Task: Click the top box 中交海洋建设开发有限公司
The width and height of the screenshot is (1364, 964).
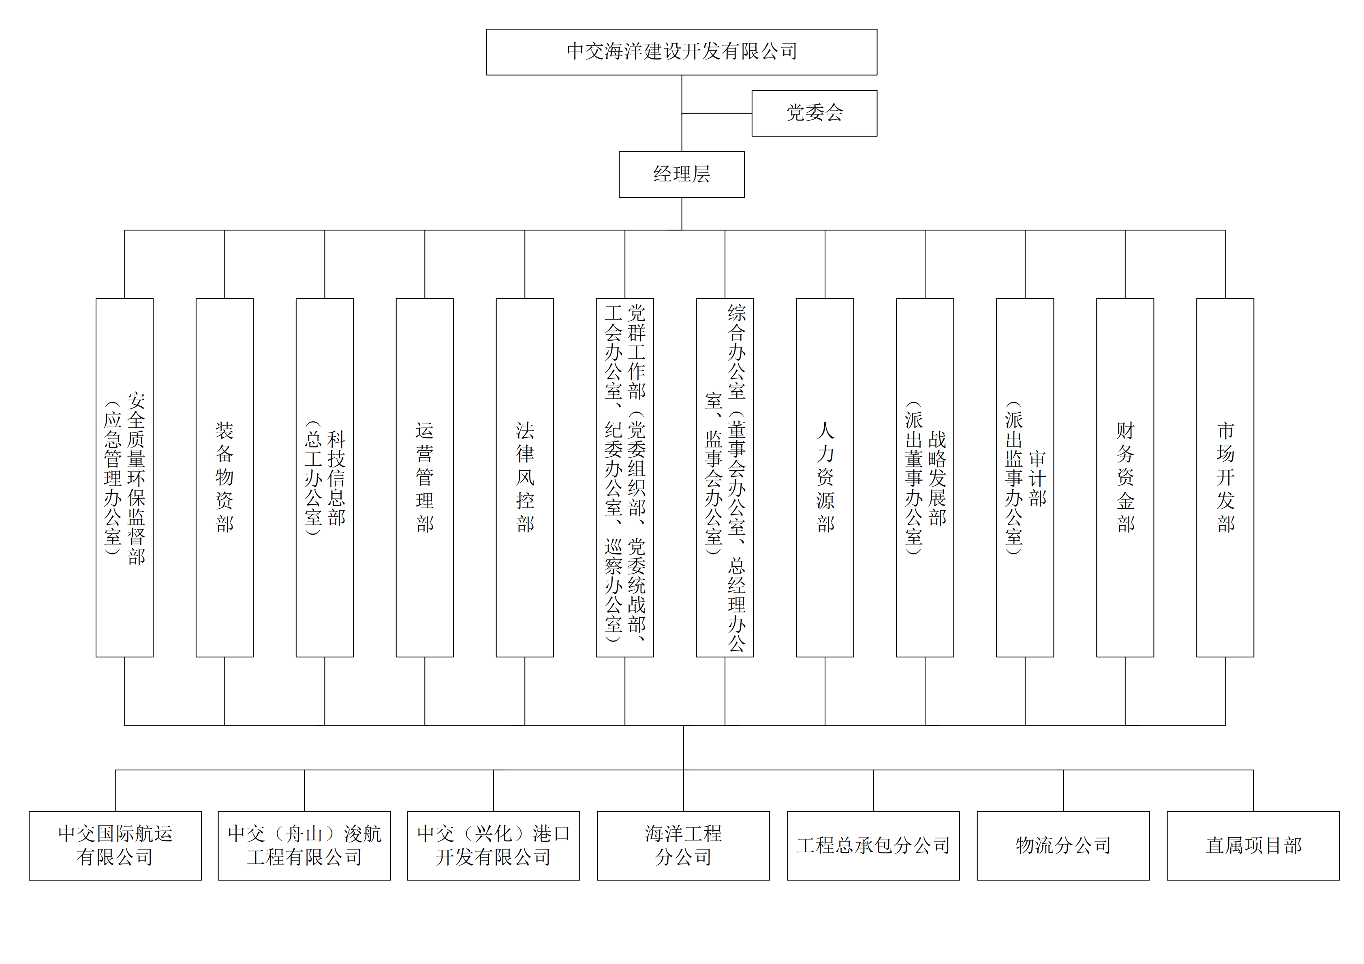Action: pyautogui.click(x=682, y=52)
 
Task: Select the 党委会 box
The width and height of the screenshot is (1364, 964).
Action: pyautogui.click(x=815, y=113)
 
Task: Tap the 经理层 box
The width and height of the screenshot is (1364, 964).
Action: pyautogui.click(x=682, y=175)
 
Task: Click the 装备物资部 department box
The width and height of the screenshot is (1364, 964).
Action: pyautogui.click(x=224, y=478)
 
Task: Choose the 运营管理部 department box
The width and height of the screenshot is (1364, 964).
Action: pyautogui.click(x=425, y=478)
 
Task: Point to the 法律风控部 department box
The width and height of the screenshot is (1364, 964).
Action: pyautogui.click(x=525, y=478)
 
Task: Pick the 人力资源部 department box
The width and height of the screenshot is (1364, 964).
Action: pyautogui.click(x=825, y=478)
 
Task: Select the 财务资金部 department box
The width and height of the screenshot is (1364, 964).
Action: pyautogui.click(x=1125, y=478)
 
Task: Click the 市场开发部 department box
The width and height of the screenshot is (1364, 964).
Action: pyautogui.click(x=1225, y=478)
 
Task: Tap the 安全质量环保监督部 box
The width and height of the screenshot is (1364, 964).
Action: pyautogui.click(x=125, y=478)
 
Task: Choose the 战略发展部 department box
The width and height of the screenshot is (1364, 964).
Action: pyautogui.click(x=925, y=478)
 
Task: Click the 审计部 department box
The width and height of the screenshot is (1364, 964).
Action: pyautogui.click(x=1025, y=478)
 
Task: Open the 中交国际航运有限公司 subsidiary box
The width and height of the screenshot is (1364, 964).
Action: pyautogui.click(x=115, y=846)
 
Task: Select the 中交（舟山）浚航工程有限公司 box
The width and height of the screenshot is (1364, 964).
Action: pyautogui.click(x=304, y=846)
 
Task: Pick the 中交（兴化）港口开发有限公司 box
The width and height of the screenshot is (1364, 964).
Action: pyautogui.click(x=494, y=846)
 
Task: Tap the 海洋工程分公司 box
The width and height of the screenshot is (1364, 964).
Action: pyautogui.click(x=683, y=846)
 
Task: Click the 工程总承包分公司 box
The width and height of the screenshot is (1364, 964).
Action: pyautogui.click(x=873, y=846)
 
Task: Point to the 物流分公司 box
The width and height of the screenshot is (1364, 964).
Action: pyautogui.click(x=1063, y=846)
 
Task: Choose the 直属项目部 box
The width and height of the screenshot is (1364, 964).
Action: pyautogui.click(x=1253, y=846)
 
